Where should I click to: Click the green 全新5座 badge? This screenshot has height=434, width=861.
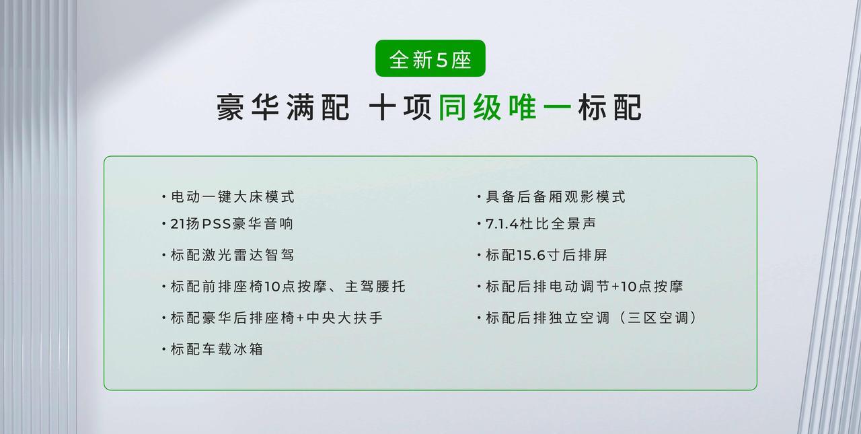430,59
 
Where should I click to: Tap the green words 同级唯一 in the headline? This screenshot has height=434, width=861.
504,107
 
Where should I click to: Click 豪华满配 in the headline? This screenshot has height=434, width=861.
283,107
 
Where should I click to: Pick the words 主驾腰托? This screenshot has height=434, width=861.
375,287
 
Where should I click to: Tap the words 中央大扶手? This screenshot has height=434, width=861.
345,318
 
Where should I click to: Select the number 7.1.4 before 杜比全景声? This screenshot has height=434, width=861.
502,223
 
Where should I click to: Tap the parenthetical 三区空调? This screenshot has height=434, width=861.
658,318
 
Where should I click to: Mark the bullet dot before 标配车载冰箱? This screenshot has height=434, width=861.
163,349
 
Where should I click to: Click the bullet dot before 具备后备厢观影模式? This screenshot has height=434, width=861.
479,197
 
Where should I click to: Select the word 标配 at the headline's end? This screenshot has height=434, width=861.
610,107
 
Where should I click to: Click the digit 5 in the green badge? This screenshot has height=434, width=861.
442,60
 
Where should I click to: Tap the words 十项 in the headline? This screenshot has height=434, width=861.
400,107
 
